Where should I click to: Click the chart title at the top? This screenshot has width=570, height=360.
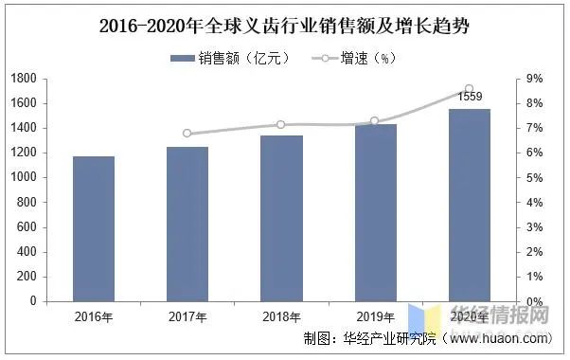[284, 26]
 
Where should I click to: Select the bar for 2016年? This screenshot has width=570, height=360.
[93, 228]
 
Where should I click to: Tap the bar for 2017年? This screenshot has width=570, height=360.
[187, 224]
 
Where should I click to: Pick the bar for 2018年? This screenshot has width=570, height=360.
[281, 218]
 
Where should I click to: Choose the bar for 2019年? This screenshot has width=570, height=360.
[375, 212]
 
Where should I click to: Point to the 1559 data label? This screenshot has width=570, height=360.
[470, 97]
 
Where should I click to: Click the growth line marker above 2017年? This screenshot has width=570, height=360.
[187, 134]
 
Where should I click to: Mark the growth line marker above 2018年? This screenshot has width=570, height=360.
[281, 125]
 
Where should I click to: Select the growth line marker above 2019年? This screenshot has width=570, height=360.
[375, 121]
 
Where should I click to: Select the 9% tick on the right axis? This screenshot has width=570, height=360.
[534, 79]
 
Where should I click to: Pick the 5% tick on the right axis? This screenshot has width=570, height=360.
[534, 177]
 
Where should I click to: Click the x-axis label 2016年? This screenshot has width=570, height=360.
[93, 315]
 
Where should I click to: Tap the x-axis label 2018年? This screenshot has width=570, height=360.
[281, 315]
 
